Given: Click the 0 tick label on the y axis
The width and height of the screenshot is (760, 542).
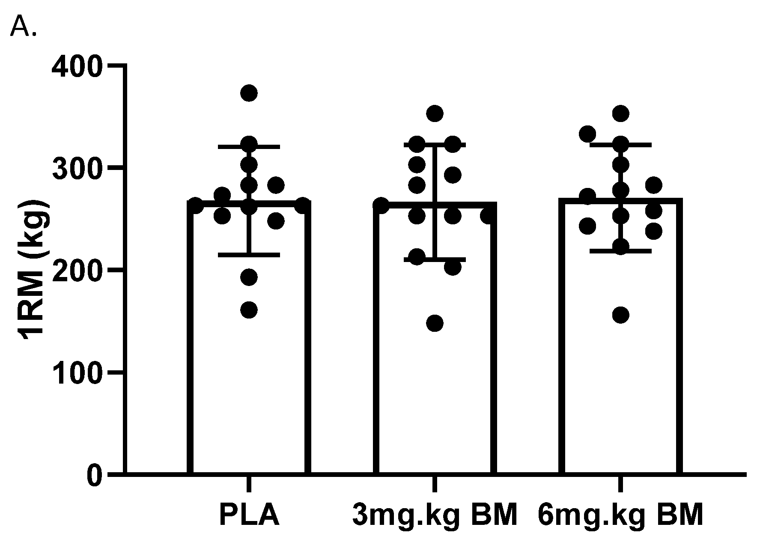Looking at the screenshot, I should click(95, 475).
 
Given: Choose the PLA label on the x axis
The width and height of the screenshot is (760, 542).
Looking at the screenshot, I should click(249, 515).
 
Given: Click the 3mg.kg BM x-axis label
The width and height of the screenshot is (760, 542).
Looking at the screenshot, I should click(435, 515).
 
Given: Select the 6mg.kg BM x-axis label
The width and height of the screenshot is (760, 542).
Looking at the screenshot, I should click(620, 515).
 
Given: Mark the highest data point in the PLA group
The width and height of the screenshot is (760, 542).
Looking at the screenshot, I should click(249, 93).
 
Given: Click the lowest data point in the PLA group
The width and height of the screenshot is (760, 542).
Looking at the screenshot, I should click(249, 310).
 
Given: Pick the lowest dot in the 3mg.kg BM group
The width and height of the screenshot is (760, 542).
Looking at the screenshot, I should click(435, 323).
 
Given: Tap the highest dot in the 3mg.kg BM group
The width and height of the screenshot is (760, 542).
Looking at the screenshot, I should click(435, 113).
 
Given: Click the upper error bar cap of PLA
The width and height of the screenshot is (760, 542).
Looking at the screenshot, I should click(249, 147).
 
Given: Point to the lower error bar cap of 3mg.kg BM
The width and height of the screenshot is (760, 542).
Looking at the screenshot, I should click(435, 259).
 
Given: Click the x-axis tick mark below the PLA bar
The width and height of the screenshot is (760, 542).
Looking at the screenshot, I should click(249, 484).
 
